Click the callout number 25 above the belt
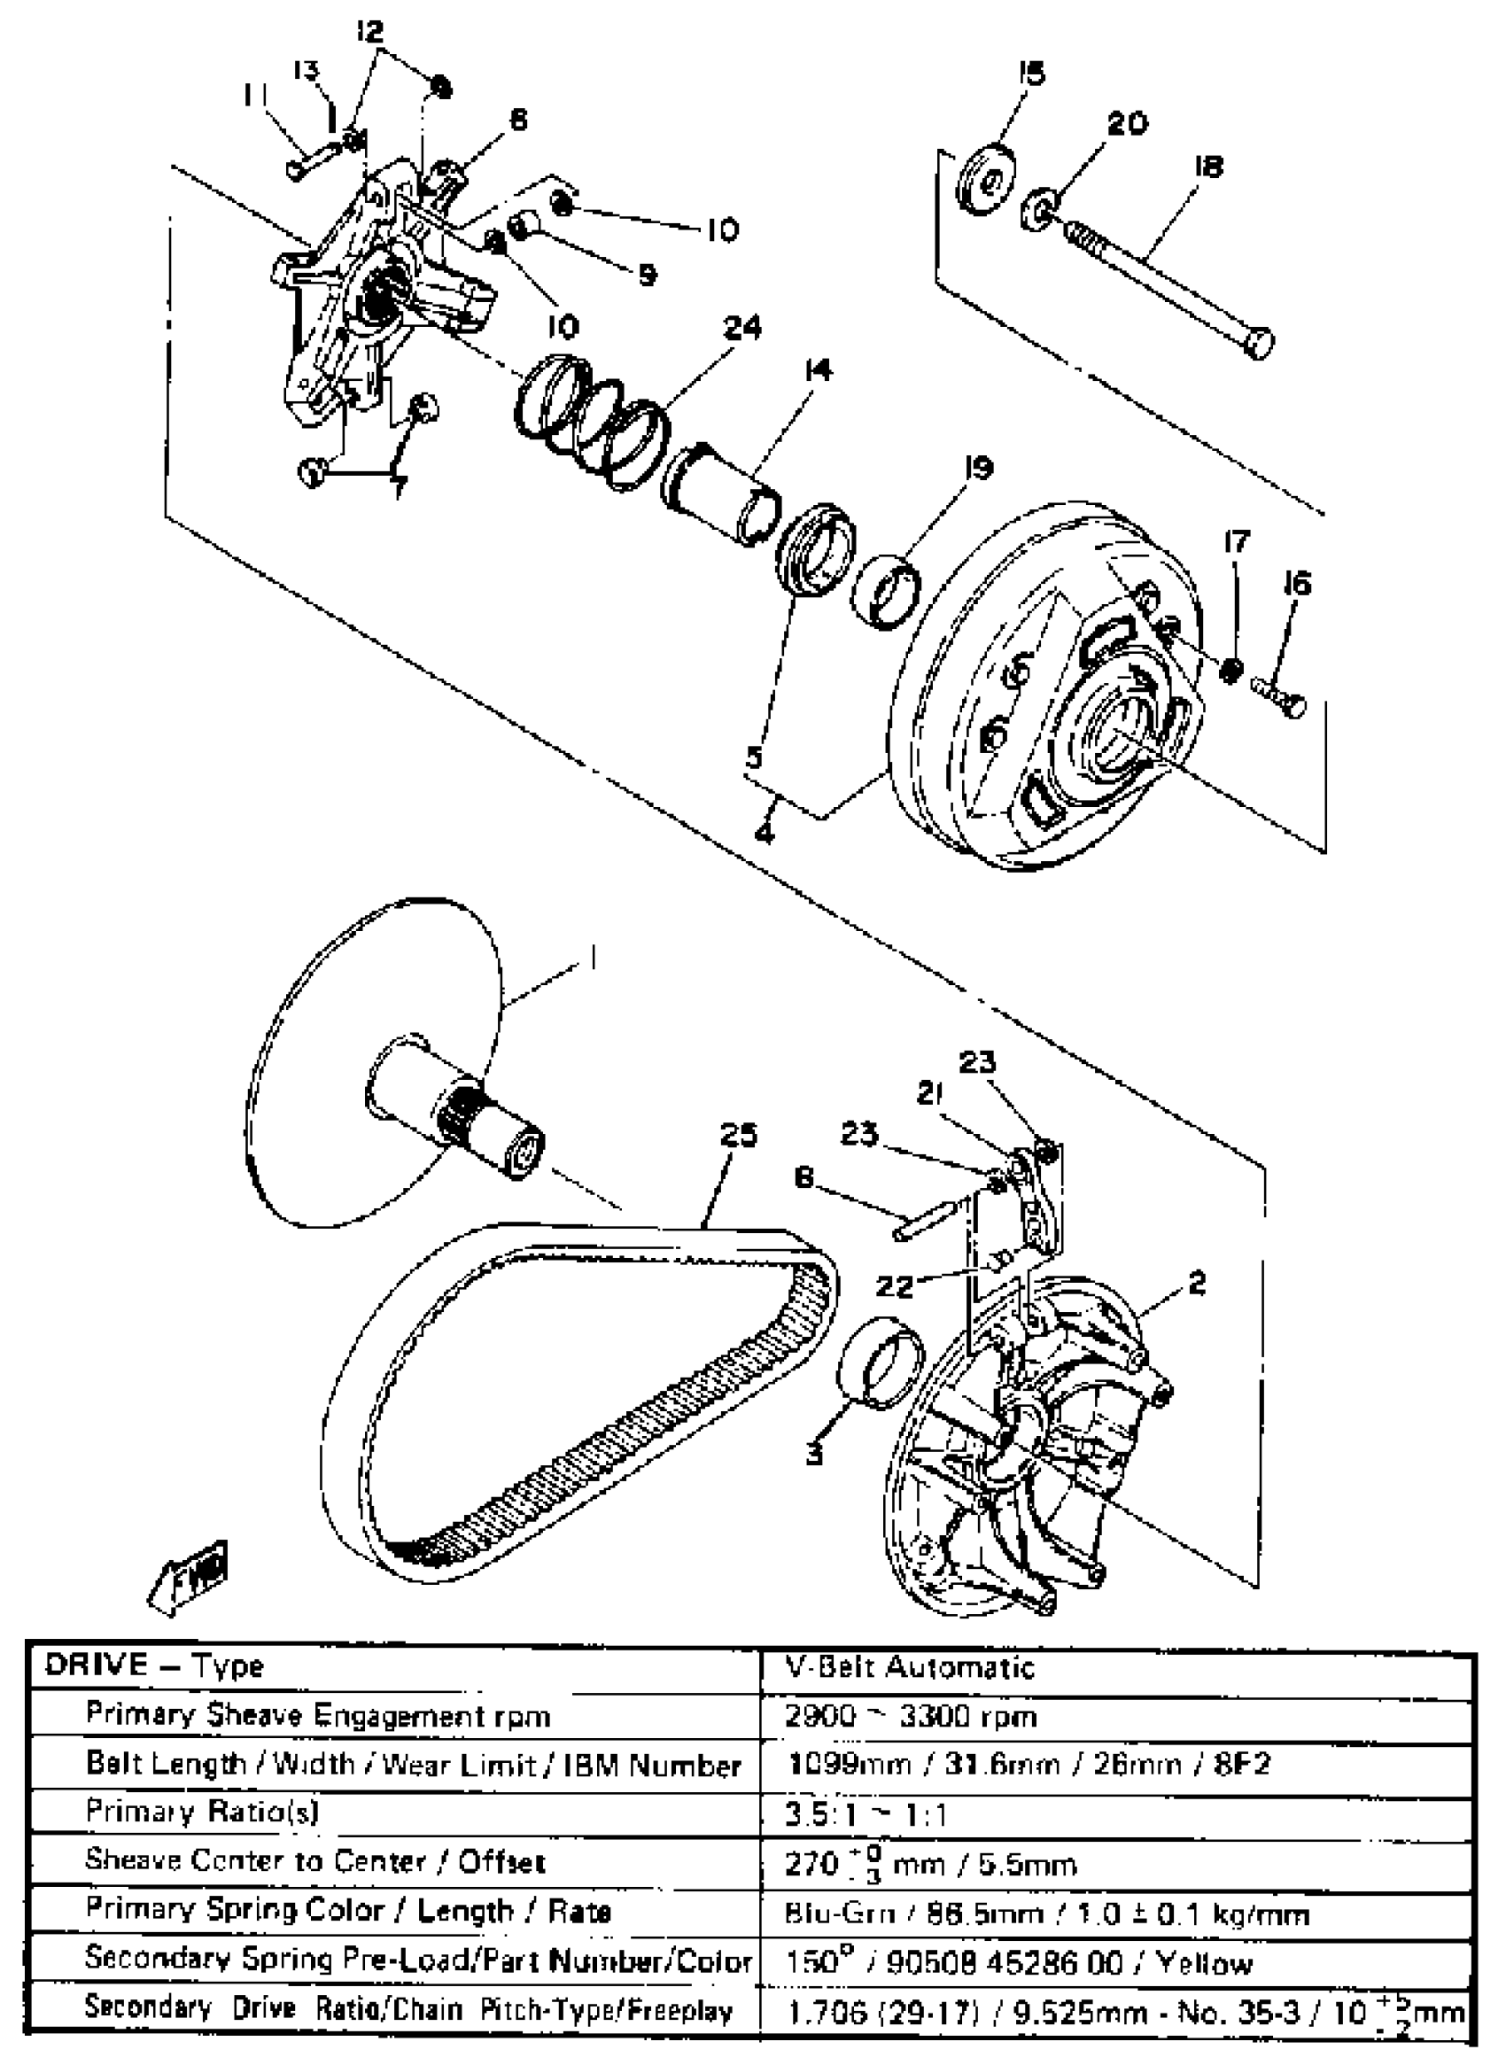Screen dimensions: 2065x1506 (x=738, y=1135)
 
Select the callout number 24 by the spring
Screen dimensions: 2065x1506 (x=742, y=327)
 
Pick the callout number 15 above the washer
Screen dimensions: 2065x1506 (x=1031, y=74)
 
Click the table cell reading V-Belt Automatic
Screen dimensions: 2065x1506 (x=910, y=1667)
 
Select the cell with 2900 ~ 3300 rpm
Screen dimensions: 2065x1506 (x=910, y=1717)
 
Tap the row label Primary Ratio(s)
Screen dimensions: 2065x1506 (x=201, y=1812)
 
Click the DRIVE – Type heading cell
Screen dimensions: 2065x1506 (x=155, y=1665)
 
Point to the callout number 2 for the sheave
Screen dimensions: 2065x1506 (x=1197, y=1284)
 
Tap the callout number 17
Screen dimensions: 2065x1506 (x=1236, y=541)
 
